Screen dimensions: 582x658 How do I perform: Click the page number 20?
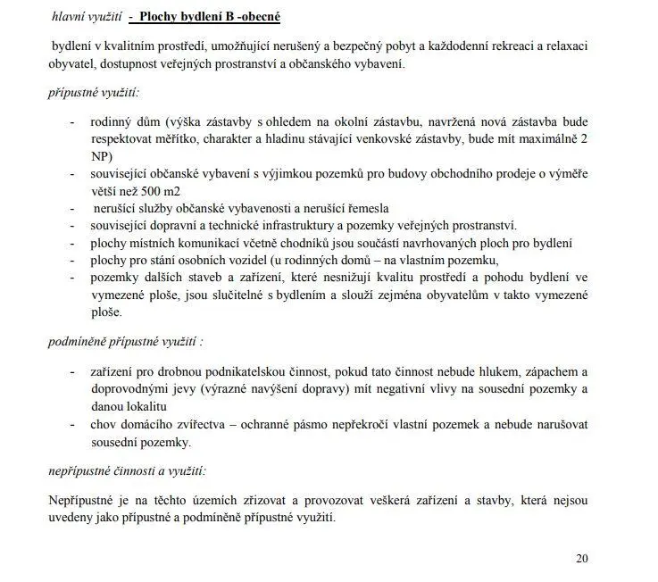pos(581,559)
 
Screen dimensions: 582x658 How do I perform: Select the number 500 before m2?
pos(151,190)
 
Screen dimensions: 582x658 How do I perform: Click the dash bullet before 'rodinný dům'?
pos(72,122)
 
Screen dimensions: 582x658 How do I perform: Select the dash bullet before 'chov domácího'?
pos(72,424)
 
